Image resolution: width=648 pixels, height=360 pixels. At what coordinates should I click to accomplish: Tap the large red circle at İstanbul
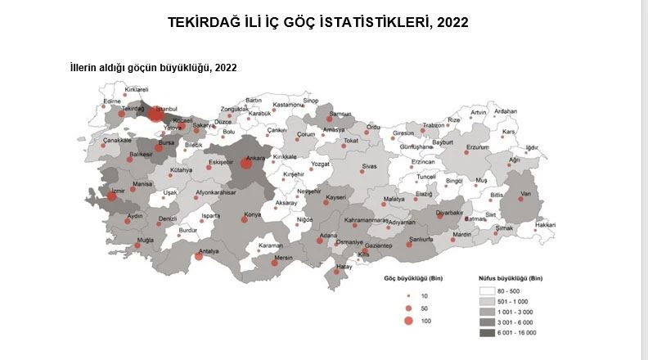point(155,114)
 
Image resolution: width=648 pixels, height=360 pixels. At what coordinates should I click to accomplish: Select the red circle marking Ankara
point(246,164)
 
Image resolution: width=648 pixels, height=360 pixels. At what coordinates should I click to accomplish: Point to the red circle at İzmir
point(111,196)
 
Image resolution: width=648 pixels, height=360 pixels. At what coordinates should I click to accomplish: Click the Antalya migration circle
point(199,256)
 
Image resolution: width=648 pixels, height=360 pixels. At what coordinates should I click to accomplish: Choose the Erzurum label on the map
point(477,147)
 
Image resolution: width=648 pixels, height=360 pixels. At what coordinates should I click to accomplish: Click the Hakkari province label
point(545,225)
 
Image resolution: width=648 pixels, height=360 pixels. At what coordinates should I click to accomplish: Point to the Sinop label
point(310,101)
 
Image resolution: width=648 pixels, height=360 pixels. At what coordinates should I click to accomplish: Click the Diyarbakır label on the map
point(450,213)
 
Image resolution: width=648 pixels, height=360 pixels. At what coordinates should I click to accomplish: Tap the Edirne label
point(112,101)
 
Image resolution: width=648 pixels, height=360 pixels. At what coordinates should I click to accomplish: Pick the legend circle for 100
point(408,321)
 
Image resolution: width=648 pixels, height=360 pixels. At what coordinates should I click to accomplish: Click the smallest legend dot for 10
point(408,295)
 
